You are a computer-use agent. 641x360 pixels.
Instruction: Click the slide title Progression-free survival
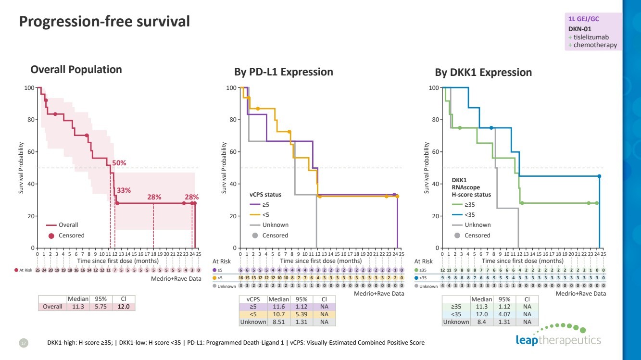[x=104, y=22]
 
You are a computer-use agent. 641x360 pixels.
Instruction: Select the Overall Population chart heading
[x=76, y=70]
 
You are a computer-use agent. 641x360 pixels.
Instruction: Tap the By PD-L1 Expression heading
[x=283, y=72]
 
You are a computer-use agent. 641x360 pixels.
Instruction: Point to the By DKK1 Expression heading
[x=483, y=73]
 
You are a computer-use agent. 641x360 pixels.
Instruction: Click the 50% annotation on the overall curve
[x=119, y=163]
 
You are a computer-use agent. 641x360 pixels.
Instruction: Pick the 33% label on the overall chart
[x=124, y=190]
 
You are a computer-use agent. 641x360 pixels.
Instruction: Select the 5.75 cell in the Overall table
[x=100, y=307]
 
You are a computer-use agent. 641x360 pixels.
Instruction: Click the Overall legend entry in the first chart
[x=68, y=225]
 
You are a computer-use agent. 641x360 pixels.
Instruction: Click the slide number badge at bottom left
[x=24, y=343]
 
